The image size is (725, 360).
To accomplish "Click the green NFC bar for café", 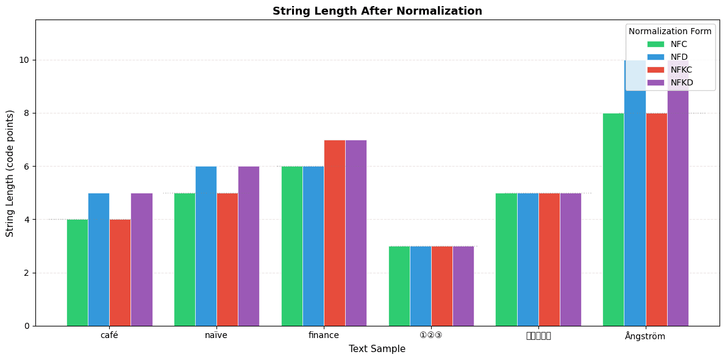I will coord(77,272).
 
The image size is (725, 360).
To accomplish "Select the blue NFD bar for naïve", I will coord(205,246).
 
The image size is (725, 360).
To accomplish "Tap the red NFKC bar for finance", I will coord(334,232).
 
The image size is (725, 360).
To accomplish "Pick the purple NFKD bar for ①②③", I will coord(463,286).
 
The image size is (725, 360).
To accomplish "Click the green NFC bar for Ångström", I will coord(613,219).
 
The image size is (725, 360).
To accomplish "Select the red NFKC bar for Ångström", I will coord(656,219).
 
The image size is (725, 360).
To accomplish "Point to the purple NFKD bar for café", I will coord(141,259).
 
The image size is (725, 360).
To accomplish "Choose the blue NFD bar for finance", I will coord(313,246).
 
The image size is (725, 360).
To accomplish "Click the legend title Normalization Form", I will coord(670,31).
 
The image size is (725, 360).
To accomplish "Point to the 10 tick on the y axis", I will coord(25,60).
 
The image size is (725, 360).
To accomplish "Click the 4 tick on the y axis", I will coord(27,220).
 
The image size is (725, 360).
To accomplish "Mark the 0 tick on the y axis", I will coord(27,326).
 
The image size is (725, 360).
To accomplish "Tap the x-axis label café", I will coord(109,336).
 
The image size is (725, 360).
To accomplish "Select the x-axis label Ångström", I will coord(645,336).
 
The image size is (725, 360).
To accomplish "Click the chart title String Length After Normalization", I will coord(377,11).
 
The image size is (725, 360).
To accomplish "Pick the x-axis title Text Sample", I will coord(377,349).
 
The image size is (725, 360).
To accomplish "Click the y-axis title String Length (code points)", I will coord(10,173).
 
